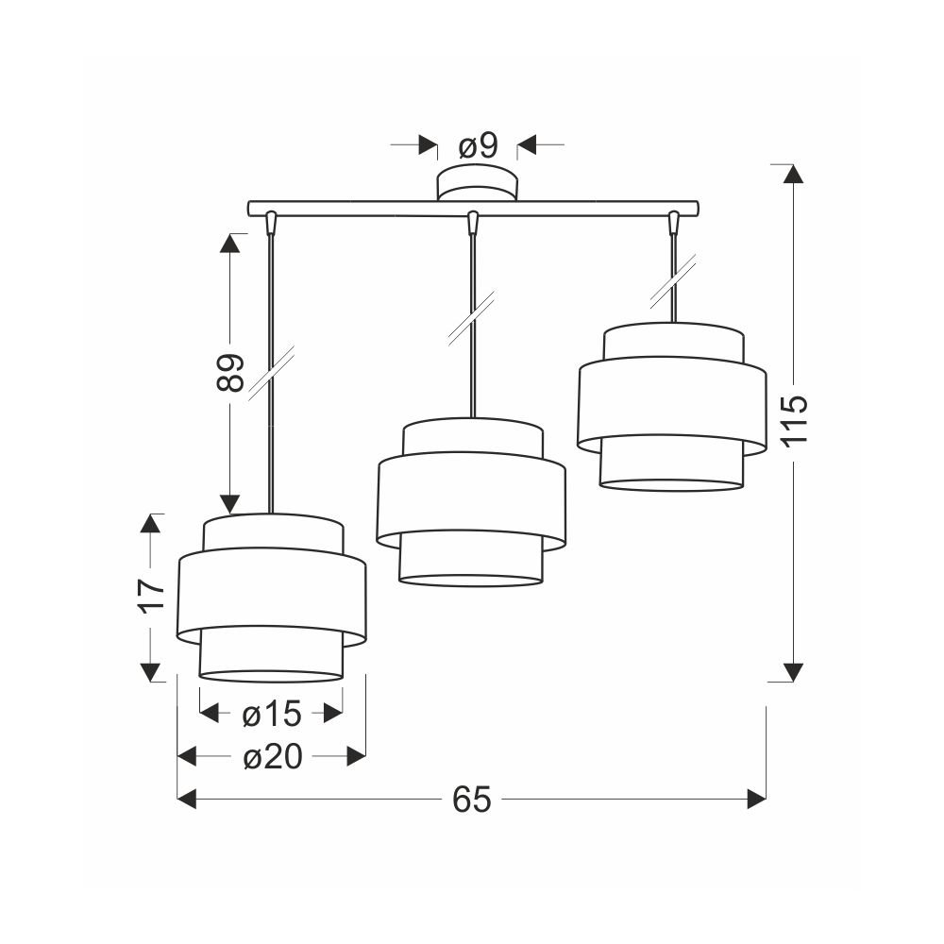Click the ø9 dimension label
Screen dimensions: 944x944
(x=478, y=145)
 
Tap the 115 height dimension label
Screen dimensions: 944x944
(x=794, y=421)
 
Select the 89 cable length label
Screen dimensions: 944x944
(x=230, y=373)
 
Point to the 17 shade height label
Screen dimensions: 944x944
(x=151, y=596)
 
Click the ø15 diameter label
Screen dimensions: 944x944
(x=272, y=715)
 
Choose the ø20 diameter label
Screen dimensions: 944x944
(x=272, y=757)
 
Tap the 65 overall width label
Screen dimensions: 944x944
(x=472, y=800)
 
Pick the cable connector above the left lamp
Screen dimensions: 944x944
(x=271, y=222)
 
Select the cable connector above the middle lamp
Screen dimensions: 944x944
(x=473, y=222)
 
